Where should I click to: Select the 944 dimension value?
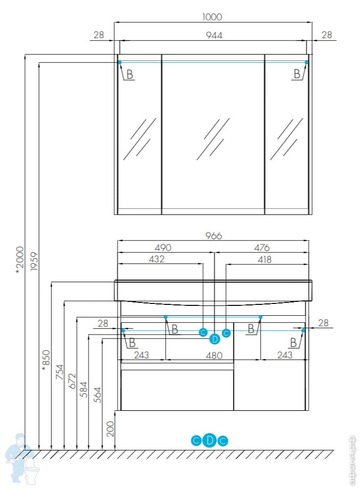coord(213,35)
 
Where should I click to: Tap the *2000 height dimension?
coord(20,259)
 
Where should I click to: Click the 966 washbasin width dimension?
coord(213,236)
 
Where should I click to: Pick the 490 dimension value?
coord(163,247)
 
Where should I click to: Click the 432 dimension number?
coord(156,259)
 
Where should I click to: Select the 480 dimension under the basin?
coord(213,355)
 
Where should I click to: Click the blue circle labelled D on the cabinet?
coord(215,339)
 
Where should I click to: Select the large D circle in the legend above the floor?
coord(210,440)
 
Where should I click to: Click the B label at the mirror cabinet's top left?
coord(130,75)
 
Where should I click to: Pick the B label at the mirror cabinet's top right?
coord(297,74)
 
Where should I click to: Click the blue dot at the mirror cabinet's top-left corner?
coord(119,62)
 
